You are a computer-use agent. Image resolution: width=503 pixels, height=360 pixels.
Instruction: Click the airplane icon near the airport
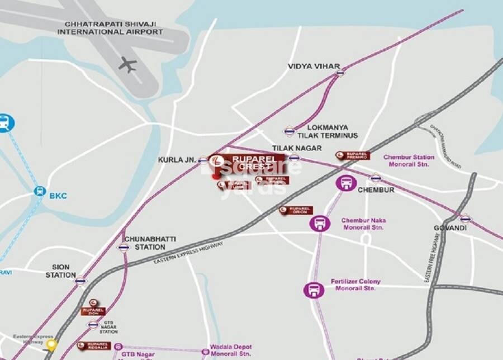[127, 64]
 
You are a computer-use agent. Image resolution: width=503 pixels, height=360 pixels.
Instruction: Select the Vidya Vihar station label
[314, 66]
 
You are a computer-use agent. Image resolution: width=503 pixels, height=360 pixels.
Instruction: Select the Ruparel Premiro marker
[352, 155]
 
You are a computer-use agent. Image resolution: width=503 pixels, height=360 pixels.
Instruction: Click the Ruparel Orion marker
[296, 210]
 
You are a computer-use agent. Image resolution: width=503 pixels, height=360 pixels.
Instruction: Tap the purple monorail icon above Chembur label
[347, 183]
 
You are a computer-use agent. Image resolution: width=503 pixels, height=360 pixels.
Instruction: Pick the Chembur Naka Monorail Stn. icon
[320, 224]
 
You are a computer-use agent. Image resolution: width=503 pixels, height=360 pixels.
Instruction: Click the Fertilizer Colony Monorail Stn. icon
[314, 290]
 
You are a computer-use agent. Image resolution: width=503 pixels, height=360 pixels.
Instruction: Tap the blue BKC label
[58, 196]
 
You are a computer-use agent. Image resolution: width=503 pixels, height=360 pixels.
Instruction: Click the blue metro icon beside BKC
[39, 191]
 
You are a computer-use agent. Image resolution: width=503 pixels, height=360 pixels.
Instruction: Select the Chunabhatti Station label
[149, 243]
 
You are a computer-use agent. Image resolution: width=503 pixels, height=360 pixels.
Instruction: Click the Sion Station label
[60, 271]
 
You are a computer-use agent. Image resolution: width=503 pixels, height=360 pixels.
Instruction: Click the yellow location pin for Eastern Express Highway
[51, 344]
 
